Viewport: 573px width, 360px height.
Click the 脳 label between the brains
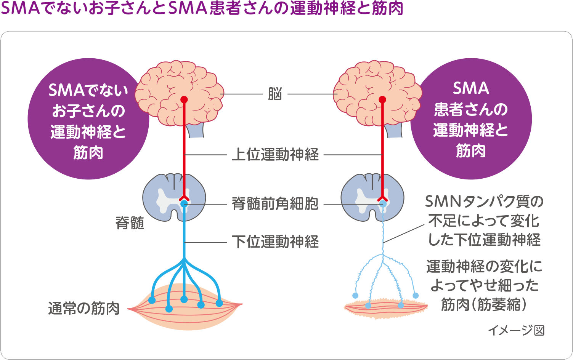coord(275,94)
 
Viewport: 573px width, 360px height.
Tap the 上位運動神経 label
coord(275,154)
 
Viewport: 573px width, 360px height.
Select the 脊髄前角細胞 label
coord(275,204)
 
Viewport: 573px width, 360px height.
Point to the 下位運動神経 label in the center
coord(275,242)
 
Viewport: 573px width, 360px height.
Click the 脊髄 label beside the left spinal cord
coord(130,223)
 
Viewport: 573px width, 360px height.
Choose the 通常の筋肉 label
coord(84,308)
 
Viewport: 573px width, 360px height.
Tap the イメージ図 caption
coord(517,330)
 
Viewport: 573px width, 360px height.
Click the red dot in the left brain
coord(184,99)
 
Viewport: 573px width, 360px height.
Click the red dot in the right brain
coord(382,99)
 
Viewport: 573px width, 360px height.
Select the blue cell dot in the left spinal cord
coord(184,204)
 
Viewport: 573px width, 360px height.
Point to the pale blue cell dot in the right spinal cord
coord(383,204)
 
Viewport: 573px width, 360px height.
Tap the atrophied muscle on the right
coord(386,308)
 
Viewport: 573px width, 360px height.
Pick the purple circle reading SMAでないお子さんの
coord(88,119)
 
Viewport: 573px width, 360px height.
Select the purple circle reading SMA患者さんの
coord(471,119)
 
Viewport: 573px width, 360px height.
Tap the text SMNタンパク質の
coord(484,202)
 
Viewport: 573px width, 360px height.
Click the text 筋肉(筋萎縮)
coord(484,304)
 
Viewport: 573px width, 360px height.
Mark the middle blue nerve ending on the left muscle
coord(184,299)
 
